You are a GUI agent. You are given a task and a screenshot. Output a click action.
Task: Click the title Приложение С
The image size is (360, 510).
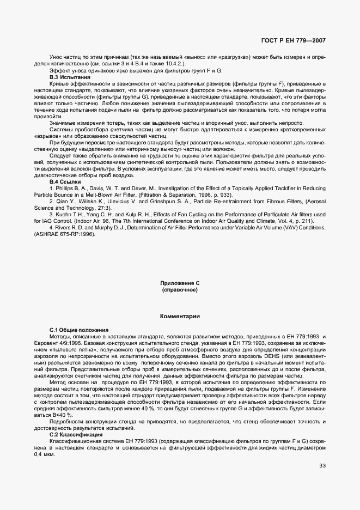tap(180, 284)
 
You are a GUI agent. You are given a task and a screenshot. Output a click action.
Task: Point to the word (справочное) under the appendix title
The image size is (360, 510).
tap(180, 290)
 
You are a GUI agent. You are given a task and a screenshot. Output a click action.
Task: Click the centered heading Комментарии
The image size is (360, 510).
tap(180, 316)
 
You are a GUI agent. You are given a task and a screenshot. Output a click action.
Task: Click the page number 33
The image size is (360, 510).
tap(322, 465)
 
